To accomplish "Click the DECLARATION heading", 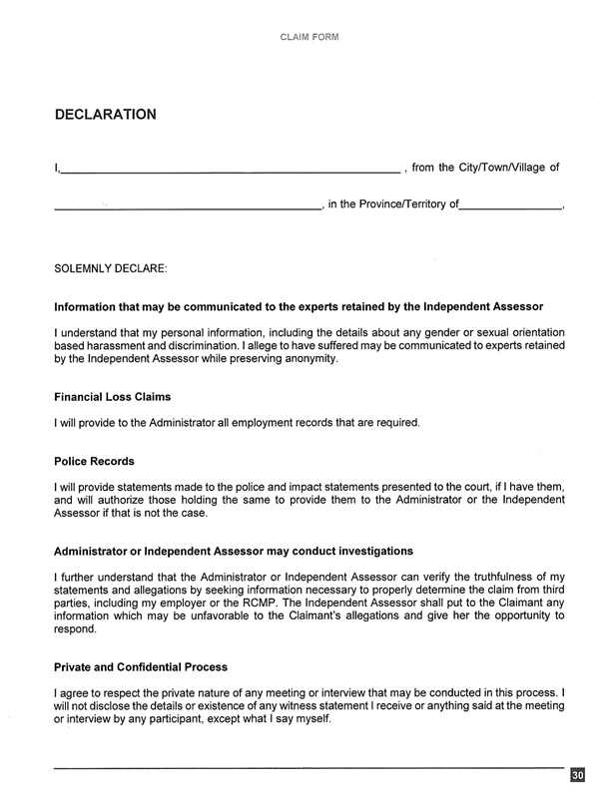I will (x=105, y=115).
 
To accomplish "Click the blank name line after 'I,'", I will (x=229, y=171).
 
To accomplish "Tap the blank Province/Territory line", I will (x=510, y=208).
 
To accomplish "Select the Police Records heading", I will (x=95, y=462).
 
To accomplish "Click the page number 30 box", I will (x=577, y=776).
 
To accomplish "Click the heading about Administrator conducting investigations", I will (x=233, y=551).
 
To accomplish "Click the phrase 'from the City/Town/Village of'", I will (x=486, y=168).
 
